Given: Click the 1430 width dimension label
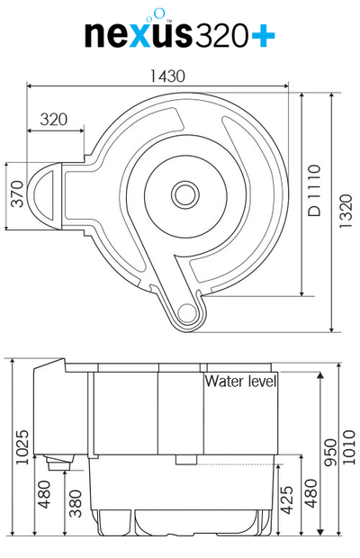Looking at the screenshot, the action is pyautogui.click(x=167, y=76).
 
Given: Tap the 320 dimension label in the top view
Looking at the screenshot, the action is pyautogui.click(x=54, y=119).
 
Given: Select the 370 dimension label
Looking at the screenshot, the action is pyautogui.click(x=17, y=193).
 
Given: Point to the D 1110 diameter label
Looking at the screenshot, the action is pyautogui.click(x=314, y=191).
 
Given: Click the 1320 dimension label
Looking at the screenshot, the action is pyautogui.click(x=346, y=211).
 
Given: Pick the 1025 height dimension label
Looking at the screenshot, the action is pyautogui.click(x=22, y=447).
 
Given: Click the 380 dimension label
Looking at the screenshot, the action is pyautogui.click(x=76, y=504).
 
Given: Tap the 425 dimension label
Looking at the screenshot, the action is pyautogui.click(x=287, y=500).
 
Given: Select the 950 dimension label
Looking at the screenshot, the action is pyautogui.click(x=330, y=453).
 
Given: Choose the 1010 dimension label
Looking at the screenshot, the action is pyautogui.click(x=349, y=447).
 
